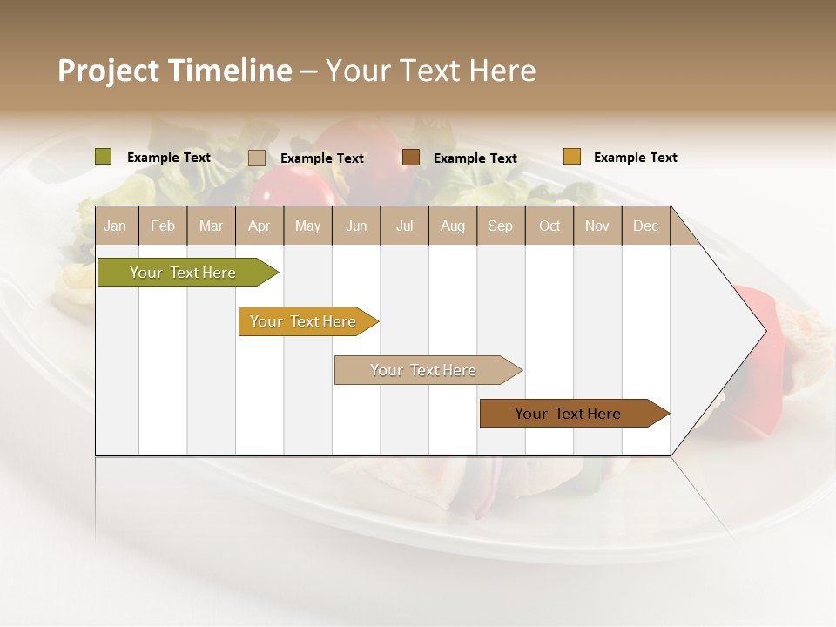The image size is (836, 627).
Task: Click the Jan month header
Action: click(115, 226)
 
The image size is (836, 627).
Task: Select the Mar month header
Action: click(211, 226)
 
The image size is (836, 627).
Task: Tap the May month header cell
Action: click(307, 226)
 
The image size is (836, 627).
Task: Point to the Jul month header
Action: click(404, 226)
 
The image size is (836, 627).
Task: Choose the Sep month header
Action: click(500, 226)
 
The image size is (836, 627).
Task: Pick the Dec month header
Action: click(645, 226)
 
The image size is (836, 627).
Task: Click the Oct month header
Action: click(549, 226)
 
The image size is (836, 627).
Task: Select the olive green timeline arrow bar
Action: click(184, 273)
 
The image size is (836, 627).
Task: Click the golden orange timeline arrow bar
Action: click(304, 321)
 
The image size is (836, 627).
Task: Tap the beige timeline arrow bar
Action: click(424, 370)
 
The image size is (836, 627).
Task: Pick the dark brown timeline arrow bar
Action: click(569, 414)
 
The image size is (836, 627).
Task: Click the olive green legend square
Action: click(103, 157)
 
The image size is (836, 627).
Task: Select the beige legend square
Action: click(257, 158)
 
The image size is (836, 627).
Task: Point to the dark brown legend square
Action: click(411, 158)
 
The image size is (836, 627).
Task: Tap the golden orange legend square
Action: click(571, 157)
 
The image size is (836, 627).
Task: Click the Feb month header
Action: click(163, 226)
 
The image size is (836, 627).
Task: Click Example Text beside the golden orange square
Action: click(635, 158)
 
